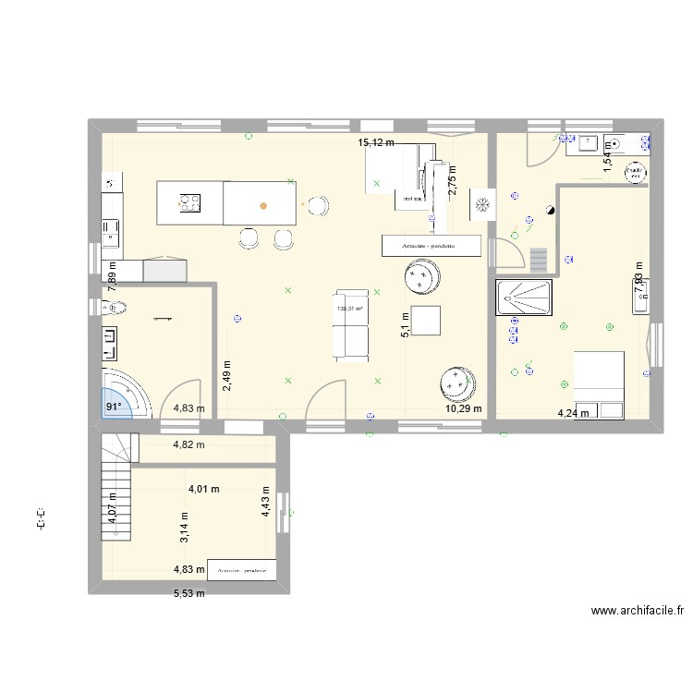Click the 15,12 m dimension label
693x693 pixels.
[376, 142]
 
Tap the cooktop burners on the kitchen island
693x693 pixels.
[191, 202]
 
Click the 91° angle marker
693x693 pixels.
[113, 406]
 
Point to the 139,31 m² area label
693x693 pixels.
[349, 310]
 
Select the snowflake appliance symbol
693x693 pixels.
[481, 205]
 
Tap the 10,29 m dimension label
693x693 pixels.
[464, 407]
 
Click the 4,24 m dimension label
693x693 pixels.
[573, 414]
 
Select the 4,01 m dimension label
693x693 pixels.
[206, 489]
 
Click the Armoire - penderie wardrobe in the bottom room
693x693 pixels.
[243, 571]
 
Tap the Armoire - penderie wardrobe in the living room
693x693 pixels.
[432, 246]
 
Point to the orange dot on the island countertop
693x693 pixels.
[263, 205]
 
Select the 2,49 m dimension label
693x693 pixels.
[226, 377]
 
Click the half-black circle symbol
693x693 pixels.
[550, 211]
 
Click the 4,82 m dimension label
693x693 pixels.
[189, 444]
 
